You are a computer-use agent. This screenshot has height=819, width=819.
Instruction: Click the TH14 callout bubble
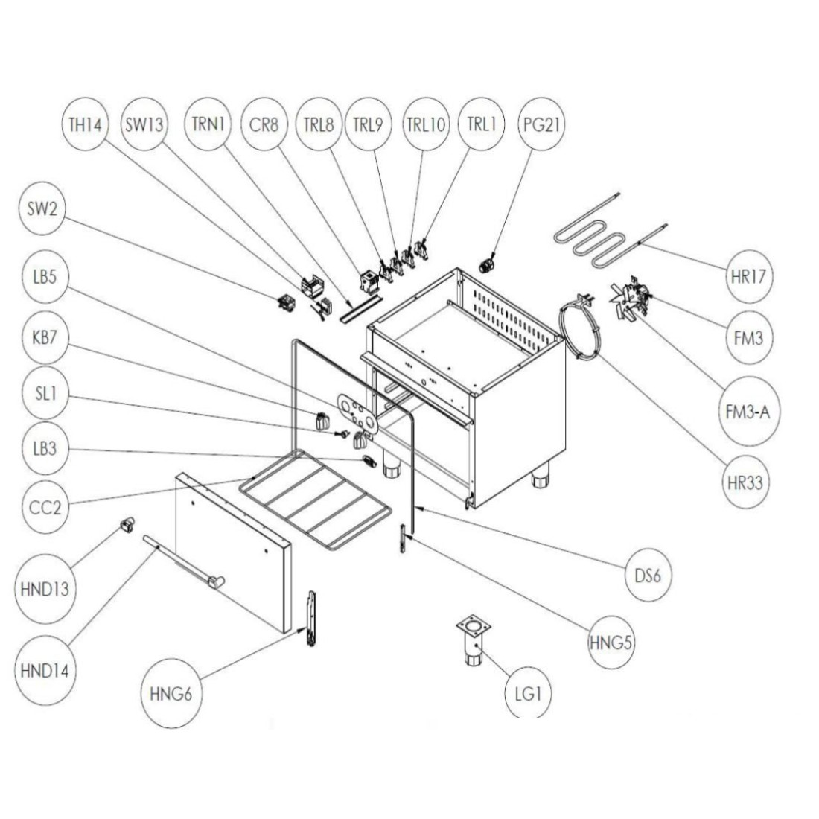[x=84, y=125]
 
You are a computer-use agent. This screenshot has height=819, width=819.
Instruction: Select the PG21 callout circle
[x=540, y=125]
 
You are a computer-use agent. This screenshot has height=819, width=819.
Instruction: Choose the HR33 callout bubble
[x=745, y=482]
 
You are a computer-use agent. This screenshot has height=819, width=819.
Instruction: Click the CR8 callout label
[x=264, y=125]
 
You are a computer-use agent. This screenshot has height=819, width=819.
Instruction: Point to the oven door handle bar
[x=182, y=563]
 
